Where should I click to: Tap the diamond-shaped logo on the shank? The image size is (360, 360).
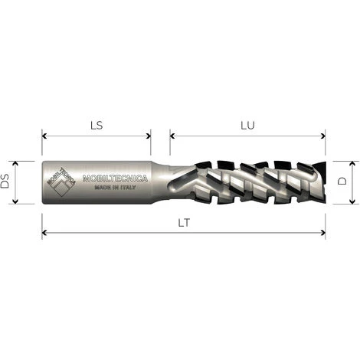[61, 182]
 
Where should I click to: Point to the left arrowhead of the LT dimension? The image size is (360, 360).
[44, 234]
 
